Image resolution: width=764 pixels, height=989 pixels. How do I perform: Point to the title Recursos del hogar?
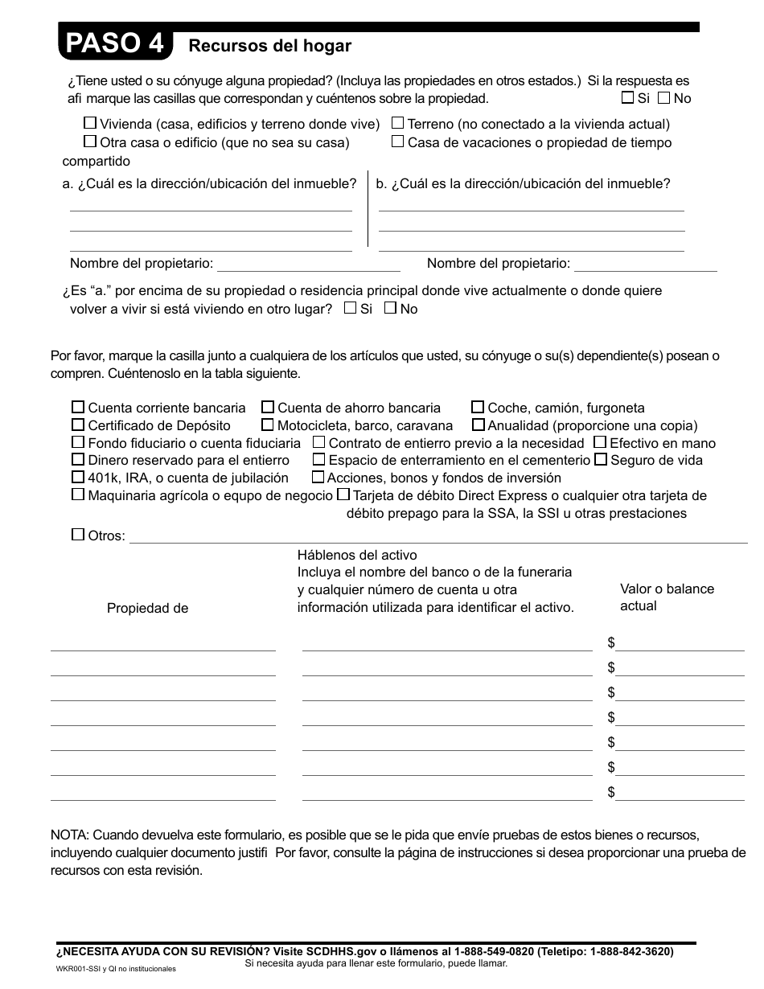[x=269, y=46]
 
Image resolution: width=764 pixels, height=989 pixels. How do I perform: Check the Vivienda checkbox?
[x=91, y=124]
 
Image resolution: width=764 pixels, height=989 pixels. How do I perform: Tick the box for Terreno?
[x=398, y=124]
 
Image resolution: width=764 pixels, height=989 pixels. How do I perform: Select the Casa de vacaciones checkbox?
[x=398, y=142]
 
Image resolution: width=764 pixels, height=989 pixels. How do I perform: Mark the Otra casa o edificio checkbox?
[x=91, y=142]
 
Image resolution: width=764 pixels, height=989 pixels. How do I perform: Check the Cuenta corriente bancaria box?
[x=78, y=408]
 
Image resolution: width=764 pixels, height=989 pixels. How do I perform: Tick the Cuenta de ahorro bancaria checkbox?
[x=268, y=408]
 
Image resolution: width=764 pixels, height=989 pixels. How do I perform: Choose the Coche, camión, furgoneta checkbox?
[x=478, y=408]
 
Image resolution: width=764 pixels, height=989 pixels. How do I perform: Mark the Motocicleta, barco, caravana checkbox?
[x=268, y=425]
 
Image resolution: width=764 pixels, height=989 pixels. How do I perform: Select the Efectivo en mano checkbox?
[x=600, y=442]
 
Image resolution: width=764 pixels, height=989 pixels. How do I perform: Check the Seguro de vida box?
[x=601, y=460]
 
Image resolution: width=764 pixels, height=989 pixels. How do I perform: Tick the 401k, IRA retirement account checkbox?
[x=78, y=478]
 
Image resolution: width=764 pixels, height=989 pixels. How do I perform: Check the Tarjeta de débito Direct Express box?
[x=343, y=495]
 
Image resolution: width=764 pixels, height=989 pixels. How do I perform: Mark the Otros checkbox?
[x=78, y=535]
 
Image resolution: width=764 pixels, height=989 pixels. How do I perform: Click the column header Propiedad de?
[x=147, y=609]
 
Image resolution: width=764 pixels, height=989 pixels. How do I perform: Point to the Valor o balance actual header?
[x=666, y=597]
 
